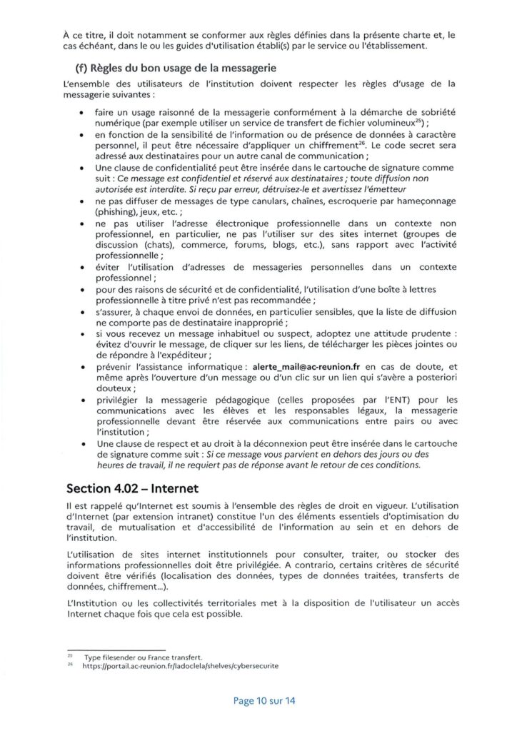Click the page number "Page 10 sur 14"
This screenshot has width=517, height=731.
point(264,700)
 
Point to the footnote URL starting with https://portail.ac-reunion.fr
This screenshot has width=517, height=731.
point(180,665)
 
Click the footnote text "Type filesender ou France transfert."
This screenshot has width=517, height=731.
point(142,656)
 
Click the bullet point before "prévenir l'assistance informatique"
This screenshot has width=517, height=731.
point(83,366)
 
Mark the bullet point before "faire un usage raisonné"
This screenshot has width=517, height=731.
point(83,113)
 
